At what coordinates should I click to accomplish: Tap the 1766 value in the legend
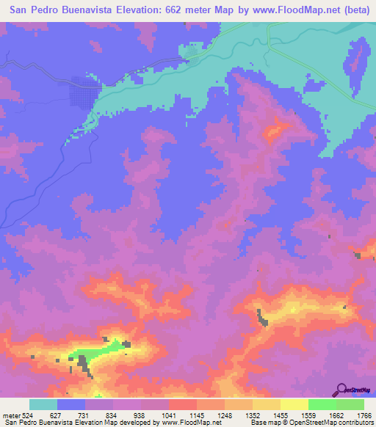(x=364, y=415)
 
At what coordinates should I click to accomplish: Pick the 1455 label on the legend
(x=281, y=415)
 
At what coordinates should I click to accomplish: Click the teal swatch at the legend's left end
(x=43, y=404)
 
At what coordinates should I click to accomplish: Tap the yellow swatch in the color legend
(x=294, y=404)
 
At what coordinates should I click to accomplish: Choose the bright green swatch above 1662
(x=322, y=404)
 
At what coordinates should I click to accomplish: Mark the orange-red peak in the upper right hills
(x=275, y=131)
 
